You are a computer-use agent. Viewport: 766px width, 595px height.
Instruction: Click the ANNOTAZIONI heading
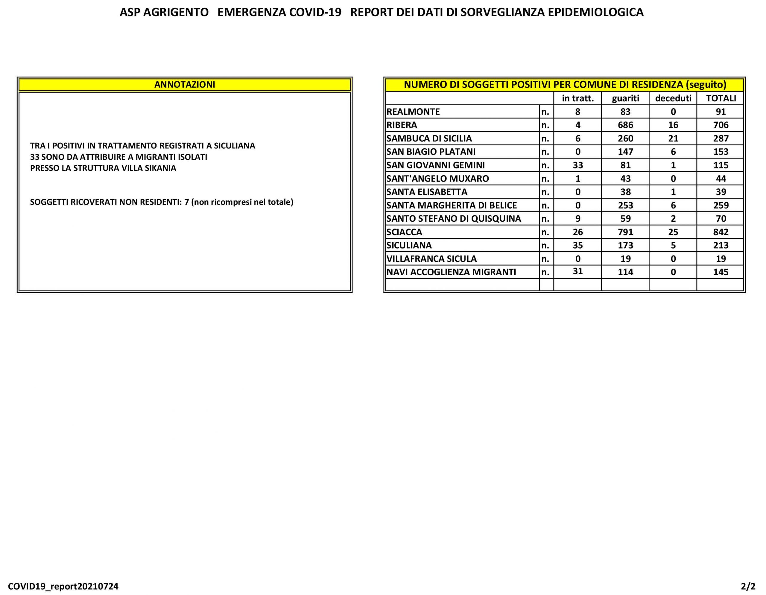pyautogui.click(x=185, y=84)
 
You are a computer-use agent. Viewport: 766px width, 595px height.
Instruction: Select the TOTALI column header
pyautogui.click(x=721, y=98)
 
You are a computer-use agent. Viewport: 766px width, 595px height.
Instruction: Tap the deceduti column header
pyautogui.click(x=673, y=98)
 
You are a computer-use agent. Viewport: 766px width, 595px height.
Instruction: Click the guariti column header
pyautogui.click(x=625, y=98)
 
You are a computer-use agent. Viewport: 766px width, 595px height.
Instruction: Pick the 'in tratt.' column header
pyautogui.click(x=578, y=98)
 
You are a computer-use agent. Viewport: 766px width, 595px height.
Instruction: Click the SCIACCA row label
pyautogui.click(x=405, y=232)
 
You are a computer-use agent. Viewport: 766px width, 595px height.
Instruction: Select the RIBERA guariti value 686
pyautogui.click(x=625, y=125)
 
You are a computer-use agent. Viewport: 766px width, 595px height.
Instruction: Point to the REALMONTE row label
pyautogui.click(x=413, y=112)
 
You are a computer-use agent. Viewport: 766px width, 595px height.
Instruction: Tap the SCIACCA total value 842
pyautogui.click(x=721, y=232)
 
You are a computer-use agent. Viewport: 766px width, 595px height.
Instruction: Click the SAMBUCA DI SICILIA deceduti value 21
pyautogui.click(x=673, y=139)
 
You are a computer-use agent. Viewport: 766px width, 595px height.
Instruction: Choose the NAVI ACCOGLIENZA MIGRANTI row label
pyautogui.click(x=452, y=272)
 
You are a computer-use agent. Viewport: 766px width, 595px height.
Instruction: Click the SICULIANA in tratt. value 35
pyautogui.click(x=578, y=245)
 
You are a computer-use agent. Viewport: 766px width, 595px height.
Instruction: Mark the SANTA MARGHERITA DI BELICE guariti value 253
pyautogui.click(x=625, y=206)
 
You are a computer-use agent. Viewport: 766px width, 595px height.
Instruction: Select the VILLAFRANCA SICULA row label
pyautogui.click(x=432, y=259)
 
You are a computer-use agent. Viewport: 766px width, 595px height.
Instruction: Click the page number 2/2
pyautogui.click(x=748, y=586)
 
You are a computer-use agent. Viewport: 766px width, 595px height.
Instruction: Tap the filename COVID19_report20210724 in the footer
pyautogui.click(x=63, y=586)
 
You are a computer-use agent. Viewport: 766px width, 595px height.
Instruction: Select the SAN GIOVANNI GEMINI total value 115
pyautogui.click(x=721, y=165)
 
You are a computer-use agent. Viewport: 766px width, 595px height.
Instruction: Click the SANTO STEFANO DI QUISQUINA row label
pyautogui.click(x=454, y=219)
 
